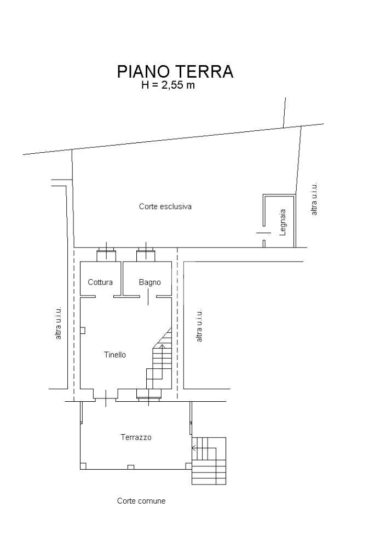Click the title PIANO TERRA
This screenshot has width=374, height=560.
pos(175,72)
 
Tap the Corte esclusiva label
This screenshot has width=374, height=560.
pos(165,207)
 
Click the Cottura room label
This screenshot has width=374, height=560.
pos(100,282)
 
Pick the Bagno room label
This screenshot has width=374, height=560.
pos(149,282)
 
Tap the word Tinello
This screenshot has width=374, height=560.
pos(115,355)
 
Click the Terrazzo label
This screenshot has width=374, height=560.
pos(136,437)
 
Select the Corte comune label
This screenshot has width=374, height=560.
pos(141,501)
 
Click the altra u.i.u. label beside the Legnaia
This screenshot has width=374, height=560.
pos(314,199)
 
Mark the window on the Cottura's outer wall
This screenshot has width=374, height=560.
pos(106,254)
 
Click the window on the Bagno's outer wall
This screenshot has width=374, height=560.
pos(146,254)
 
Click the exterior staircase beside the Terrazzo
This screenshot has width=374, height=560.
pos(209,461)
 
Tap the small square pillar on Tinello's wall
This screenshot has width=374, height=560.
pos(83,330)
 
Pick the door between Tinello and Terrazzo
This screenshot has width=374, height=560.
pos(105,396)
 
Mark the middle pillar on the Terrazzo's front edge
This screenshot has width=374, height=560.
pos(130,467)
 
